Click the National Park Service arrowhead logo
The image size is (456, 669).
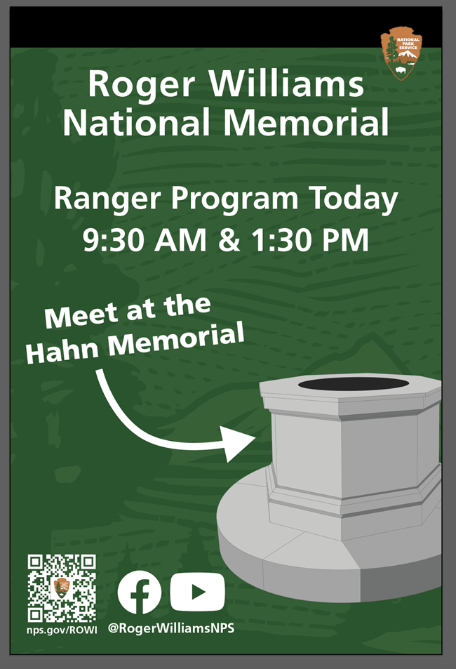click(401, 53)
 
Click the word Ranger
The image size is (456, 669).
click(102, 200)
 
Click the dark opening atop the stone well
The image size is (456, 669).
click(353, 383)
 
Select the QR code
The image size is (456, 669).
click(62, 588)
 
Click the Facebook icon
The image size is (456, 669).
click(139, 592)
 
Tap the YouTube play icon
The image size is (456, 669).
click(198, 592)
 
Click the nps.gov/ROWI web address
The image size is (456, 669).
click(62, 629)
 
